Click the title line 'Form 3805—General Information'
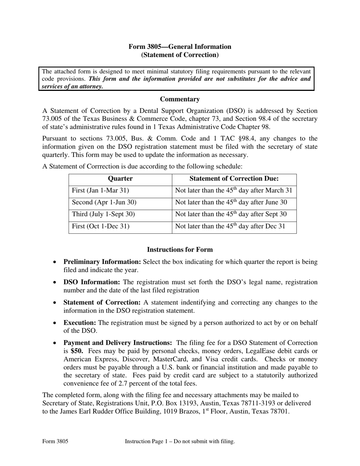(x=180, y=47)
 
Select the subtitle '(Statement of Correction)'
(x=180, y=55)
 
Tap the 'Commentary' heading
(x=180, y=99)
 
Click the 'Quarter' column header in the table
(x=120, y=179)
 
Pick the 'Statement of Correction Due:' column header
(x=234, y=179)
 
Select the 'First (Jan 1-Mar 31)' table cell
(x=100, y=191)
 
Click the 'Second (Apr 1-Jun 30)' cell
(x=104, y=203)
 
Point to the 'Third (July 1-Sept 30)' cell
(x=103, y=214)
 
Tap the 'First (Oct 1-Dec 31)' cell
(x=101, y=227)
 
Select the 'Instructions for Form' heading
(x=180, y=250)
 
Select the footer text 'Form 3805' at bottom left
(x=55, y=441)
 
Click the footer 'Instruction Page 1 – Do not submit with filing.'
(x=180, y=441)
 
